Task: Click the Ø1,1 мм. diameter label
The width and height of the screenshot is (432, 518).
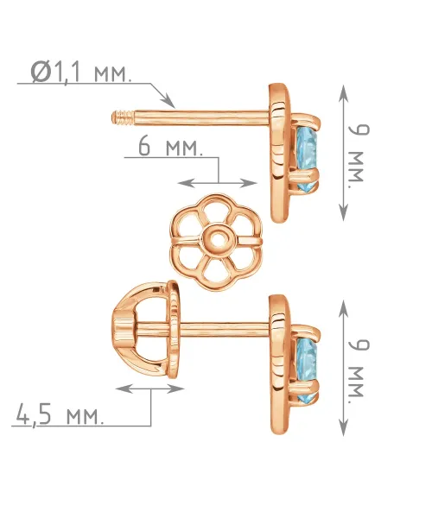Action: pyautogui.click(x=80, y=72)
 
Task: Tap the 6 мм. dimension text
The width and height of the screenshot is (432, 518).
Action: pyautogui.click(x=170, y=147)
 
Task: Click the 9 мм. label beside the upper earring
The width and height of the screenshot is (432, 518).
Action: pyautogui.click(x=359, y=156)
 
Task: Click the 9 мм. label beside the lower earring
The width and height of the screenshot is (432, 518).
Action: pyautogui.click(x=359, y=371)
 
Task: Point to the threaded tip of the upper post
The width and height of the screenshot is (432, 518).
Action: pyautogui.click(x=123, y=117)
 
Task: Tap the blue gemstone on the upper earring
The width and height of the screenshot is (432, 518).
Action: pyautogui.click(x=307, y=157)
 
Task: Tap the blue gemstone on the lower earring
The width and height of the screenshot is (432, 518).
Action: pyautogui.click(x=307, y=370)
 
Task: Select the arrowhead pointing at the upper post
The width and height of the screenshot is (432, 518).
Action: pyautogui.click(x=168, y=101)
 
